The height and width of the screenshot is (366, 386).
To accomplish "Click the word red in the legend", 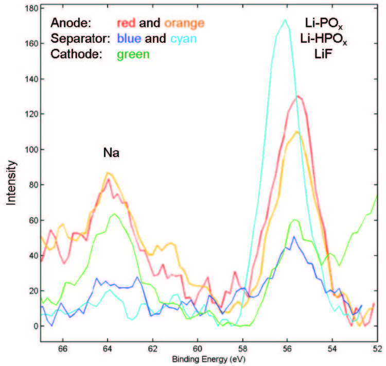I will pos(127,23).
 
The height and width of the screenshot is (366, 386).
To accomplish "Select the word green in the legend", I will pos(133,54).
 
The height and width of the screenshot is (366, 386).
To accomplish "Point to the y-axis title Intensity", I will pos(12,183).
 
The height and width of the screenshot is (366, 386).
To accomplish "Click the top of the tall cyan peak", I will pos(285,20).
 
